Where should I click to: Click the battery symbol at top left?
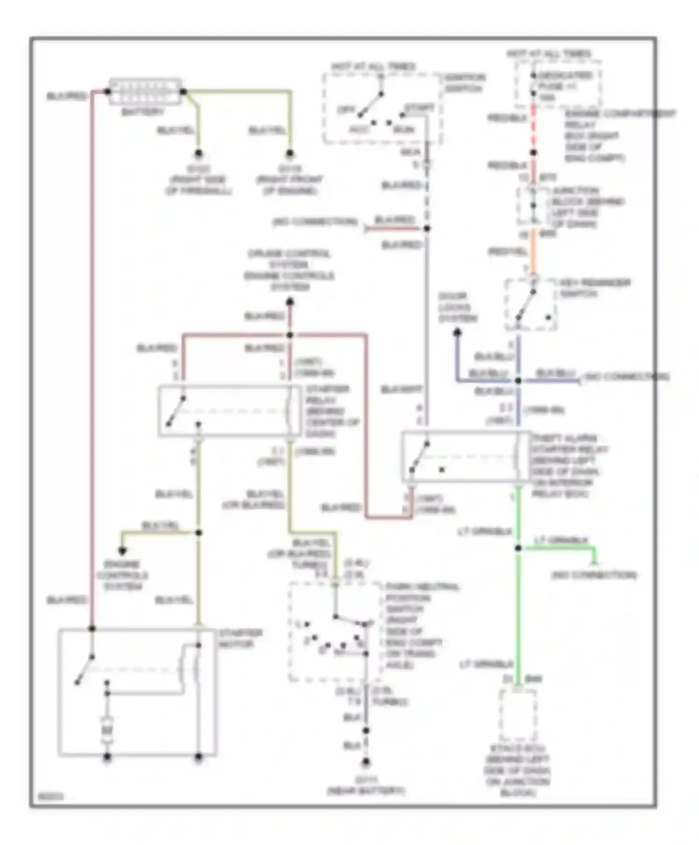145,92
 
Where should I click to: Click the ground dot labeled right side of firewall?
199,153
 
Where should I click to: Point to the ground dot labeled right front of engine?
289,153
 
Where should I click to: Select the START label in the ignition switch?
419,108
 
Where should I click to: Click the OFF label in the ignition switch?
346,110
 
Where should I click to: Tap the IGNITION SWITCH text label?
465,83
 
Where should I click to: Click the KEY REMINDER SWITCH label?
595,288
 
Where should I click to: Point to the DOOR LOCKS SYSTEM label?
458,307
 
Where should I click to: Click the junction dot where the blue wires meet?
518,381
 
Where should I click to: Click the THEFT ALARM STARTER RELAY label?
569,466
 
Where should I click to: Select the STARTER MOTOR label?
240,639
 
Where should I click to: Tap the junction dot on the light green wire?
518,548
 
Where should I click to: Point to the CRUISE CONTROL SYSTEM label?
289,259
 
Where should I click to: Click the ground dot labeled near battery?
366,762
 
